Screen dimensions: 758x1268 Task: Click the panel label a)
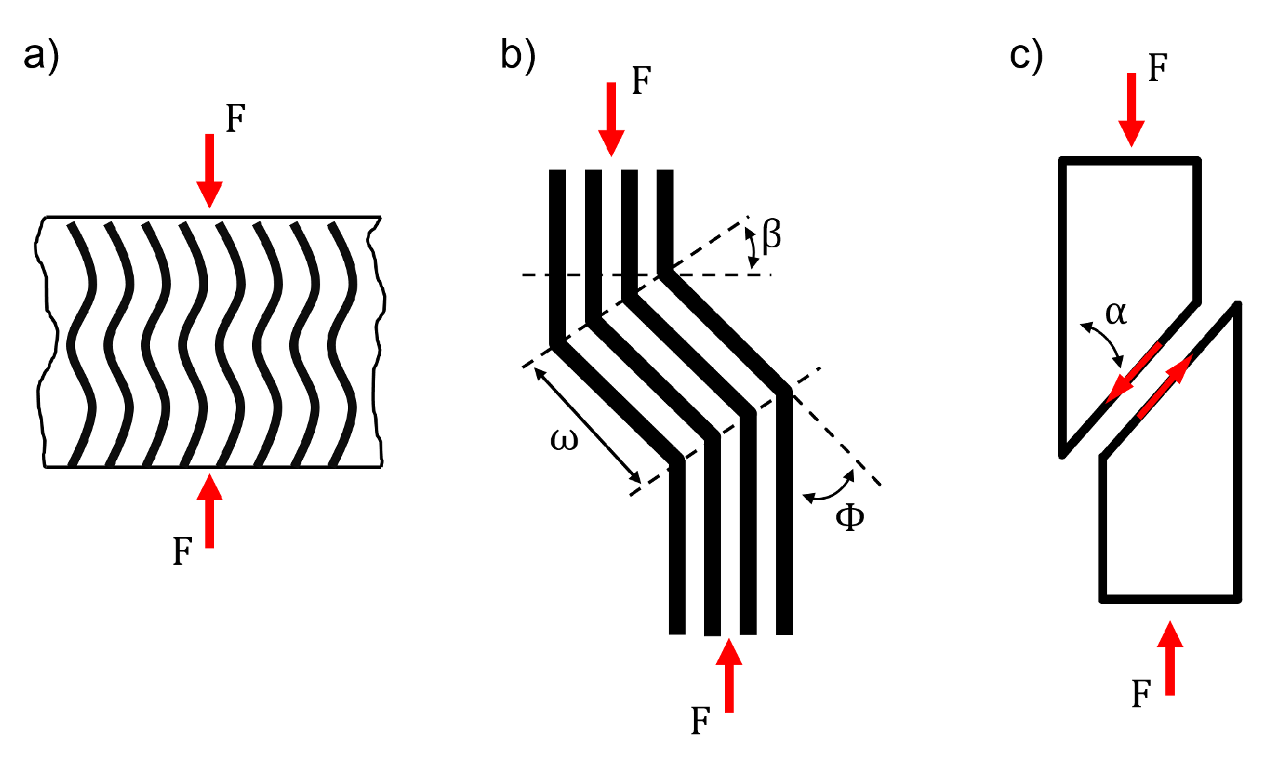click(x=41, y=55)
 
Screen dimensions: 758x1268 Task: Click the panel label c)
click(x=1026, y=55)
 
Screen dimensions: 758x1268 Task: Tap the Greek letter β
click(x=771, y=236)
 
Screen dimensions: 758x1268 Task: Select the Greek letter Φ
click(x=850, y=517)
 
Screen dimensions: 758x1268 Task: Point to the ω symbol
click(x=565, y=439)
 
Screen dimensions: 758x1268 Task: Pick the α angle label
click(x=1116, y=313)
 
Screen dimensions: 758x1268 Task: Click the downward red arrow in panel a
click(x=209, y=169)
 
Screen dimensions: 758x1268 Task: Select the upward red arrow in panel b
click(x=729, y=675)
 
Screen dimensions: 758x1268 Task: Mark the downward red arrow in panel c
click(x=1132, y=109)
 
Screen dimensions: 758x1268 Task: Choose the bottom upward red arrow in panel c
click(x=1170, y=659)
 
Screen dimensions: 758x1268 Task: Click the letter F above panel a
click(x=235, y=119)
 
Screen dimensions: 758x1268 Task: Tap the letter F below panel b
click(x=701, y=721)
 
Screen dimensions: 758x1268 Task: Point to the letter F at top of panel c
click(x=1158, y=68)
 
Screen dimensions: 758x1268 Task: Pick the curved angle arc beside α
click(x=1103, y=343)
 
